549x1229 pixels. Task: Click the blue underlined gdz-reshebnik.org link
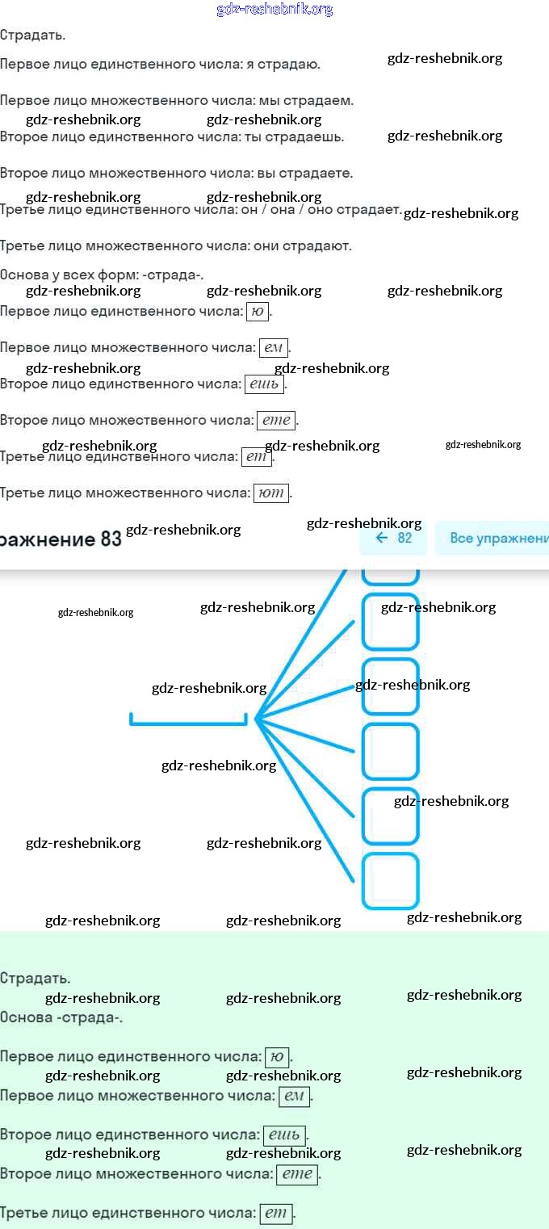point(274,10)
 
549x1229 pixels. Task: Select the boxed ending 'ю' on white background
point(257,312)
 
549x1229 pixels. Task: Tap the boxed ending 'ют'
point(271,493)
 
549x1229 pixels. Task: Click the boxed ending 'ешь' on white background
point(264,384)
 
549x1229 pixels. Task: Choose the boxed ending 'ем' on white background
point(273,348)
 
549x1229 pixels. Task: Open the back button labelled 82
point(394,538)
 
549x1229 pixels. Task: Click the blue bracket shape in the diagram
point(188,719)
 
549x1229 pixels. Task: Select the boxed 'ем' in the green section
point(294,1096)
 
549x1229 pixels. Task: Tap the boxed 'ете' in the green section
point(297,1174)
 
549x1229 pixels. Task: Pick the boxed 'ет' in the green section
point(275,1213)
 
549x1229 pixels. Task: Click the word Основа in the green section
point(26,1017)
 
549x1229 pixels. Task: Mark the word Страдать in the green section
point(35,979)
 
